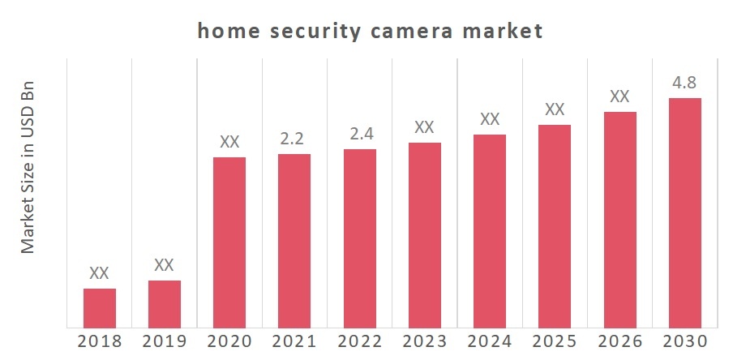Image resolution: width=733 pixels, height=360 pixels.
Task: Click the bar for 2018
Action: click(x=100, y=308)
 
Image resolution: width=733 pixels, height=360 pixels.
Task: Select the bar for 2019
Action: click(x=165, y=304)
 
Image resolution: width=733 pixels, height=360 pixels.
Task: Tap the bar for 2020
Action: click(x=229, y=242)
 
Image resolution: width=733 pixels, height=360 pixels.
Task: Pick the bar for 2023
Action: click(x=425, y=235)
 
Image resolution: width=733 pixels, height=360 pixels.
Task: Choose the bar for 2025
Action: click(x=555, y=226)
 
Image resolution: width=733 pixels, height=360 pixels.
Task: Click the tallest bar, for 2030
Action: click(x=684, y=213)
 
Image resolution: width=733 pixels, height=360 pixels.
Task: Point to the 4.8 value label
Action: click(x=684, y=84)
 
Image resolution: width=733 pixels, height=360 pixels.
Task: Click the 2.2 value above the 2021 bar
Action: click(x=294, y=139)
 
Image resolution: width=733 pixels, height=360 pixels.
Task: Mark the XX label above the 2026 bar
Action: click(x=619, y=96)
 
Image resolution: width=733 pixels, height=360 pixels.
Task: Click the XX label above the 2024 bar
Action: click(x=490, y=119)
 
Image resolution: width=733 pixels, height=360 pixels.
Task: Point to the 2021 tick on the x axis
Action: click(x=294, y=341)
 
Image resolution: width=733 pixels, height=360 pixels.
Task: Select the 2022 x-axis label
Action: click(x=359, y=341)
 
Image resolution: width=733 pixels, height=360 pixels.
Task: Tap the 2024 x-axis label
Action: click(x=490, y=341)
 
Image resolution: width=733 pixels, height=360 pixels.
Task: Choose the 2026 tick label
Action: click(x=619, y=341)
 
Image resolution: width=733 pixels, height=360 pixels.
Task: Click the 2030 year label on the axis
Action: click(x=684, y=341)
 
